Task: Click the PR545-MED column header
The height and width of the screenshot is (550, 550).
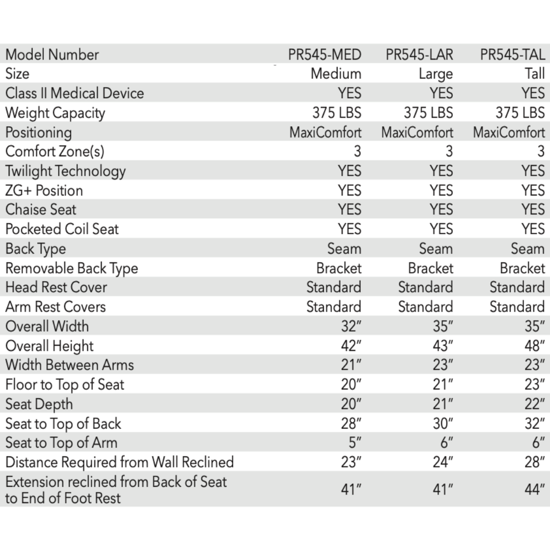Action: coord(324,54)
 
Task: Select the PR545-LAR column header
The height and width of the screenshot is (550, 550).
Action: coord(419,54)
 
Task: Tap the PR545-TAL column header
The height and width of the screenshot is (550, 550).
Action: coord(512,54)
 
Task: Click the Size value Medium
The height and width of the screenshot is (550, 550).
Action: coord(336,74)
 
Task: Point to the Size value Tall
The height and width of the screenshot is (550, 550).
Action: coord(535,74)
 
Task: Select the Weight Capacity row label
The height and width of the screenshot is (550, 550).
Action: coord(55,113)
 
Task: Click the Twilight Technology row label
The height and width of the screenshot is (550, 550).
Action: coord(65,171)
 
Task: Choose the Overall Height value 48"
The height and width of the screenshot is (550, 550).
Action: coord(535,346)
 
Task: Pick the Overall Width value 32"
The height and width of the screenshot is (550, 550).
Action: coord(351,326)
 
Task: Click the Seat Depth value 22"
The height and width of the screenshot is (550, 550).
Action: coord(535,404)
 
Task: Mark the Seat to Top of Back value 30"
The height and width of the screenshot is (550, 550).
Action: coord(443,424)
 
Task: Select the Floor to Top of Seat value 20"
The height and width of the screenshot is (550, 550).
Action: coord(351,385)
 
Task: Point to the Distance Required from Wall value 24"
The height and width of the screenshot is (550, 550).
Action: coord(443,462)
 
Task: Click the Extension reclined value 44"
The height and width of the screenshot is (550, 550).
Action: coord(535,490)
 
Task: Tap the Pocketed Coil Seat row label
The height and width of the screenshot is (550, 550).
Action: coord(62,229)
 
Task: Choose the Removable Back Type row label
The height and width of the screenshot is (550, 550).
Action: coord(71,268)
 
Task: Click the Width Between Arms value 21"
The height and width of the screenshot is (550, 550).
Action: coord(351,365)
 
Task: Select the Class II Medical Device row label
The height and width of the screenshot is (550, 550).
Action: coord(74,93)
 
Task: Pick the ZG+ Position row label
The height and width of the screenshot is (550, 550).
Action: coord(44,190)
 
